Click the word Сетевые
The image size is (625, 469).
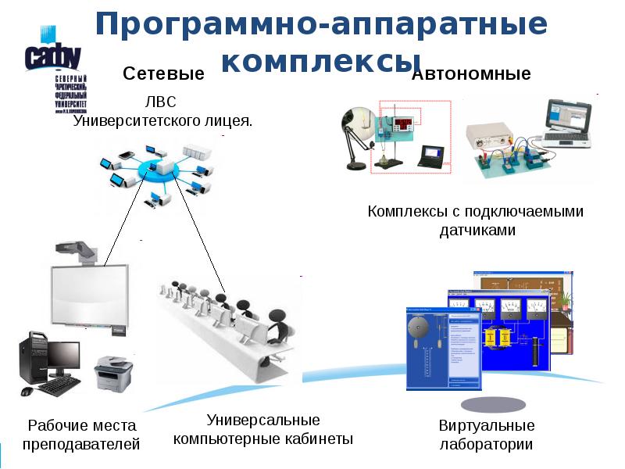tap(163, 74)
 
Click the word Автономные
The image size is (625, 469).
tap(471, 74)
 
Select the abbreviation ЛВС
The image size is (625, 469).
tap(162, 102)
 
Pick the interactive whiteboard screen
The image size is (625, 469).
tap(86, 294)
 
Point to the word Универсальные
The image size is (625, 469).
tap(263, 420)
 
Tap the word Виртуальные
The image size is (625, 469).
tap(486, 426)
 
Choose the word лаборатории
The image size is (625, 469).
tap(486, 445)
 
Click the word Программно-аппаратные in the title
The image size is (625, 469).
tap(321, 24)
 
